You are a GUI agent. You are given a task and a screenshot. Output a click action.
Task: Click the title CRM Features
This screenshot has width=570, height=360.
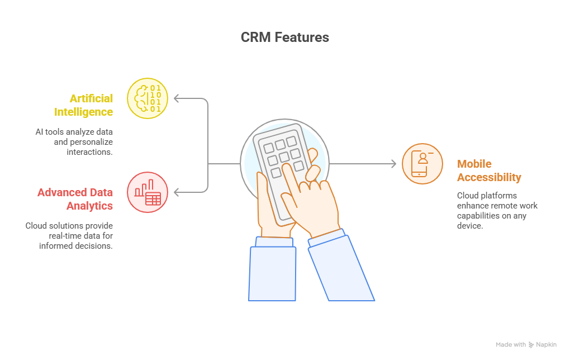click(x=284, y=37)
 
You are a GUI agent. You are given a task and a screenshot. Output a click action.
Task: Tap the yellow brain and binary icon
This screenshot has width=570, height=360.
click(x=148, y=98)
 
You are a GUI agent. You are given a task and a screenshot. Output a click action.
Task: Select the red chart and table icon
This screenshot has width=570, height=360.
click(x=148, y=192)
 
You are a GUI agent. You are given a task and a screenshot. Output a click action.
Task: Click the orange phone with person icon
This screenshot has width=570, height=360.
click(x=422, y=164)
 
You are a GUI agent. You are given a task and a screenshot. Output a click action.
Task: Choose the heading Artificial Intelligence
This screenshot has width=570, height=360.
click(x=84, y=105)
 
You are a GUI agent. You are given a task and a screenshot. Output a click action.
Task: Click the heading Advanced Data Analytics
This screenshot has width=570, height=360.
click(x=75, y=199)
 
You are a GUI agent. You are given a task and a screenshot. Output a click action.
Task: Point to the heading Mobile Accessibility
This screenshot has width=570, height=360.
click(x=489, y=170)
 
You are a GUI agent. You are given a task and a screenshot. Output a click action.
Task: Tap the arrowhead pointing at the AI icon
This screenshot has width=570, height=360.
click(x=176, y=98)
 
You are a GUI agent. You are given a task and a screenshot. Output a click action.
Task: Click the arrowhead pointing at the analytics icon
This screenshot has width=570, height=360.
click(x=176, y=192)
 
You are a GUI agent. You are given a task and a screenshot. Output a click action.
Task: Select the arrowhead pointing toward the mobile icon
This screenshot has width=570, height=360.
click(x=394, y=164)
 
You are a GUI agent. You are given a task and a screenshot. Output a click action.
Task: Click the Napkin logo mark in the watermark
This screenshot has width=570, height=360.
click(x=531, y=345)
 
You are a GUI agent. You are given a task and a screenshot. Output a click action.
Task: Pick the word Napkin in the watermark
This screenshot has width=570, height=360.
click(x=546, y=345)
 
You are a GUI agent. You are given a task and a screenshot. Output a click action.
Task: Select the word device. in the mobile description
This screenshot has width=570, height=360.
click(x=470, y=226)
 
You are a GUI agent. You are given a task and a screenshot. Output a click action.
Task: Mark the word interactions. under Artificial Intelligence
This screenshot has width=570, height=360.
click(x=89, y=152)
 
